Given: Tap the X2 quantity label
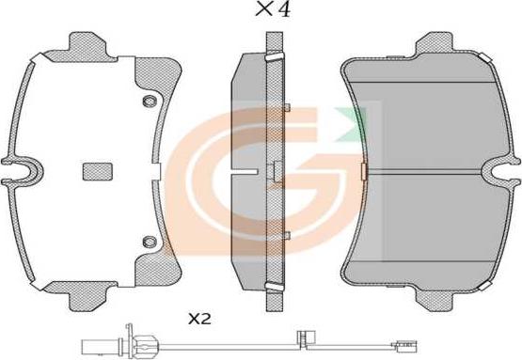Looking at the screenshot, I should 198,320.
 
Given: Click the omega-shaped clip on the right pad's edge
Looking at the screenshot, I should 496,171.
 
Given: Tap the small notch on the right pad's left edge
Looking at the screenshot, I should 359,171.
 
